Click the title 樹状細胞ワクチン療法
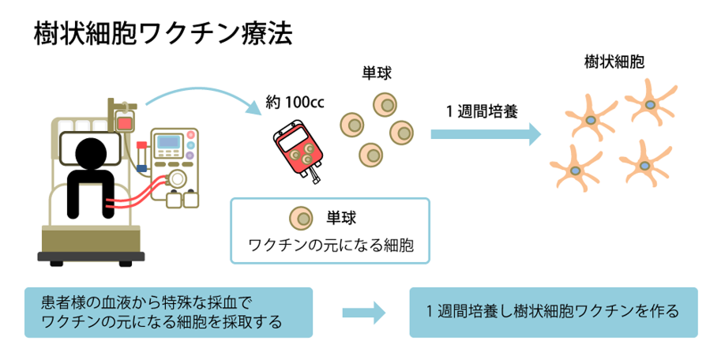(163, 34)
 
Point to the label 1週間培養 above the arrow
(483, 110)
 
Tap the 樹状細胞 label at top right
(613, 62)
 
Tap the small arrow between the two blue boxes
(363, 311)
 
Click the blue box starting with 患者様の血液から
(168, 312)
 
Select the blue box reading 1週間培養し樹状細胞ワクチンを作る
(554, 312)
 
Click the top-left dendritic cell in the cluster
(592, 118)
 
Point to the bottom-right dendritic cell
(645, 164)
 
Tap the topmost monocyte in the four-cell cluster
(385, 103)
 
